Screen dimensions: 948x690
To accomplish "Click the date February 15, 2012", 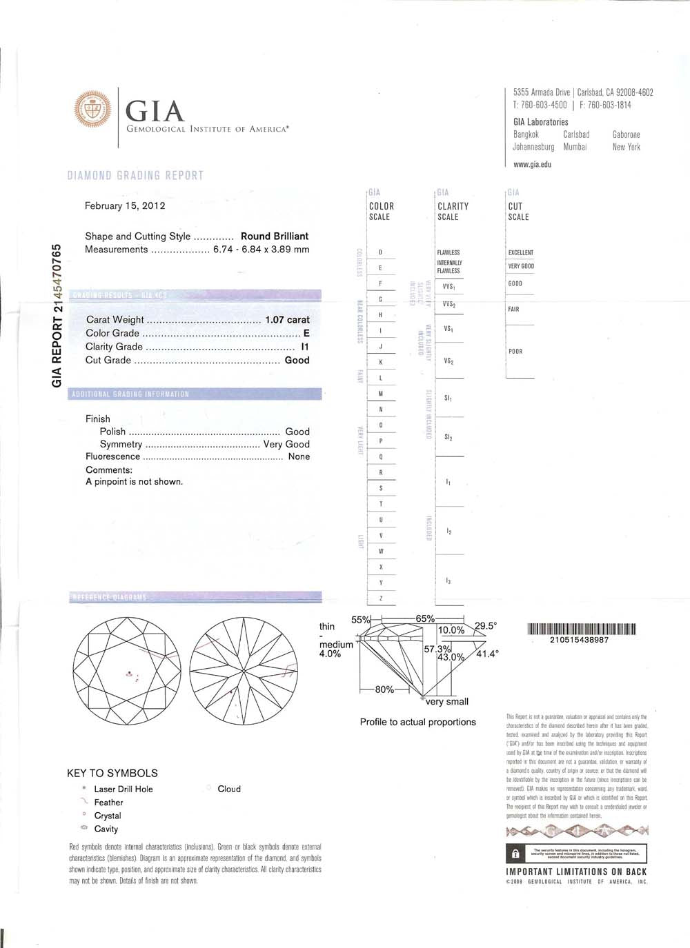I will [x=125, y=205].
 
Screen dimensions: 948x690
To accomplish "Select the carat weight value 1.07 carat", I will [x=287, y=320].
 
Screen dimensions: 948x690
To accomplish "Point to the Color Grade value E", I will [x=306, y=333].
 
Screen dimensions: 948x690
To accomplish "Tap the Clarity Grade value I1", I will [x=305, y=347].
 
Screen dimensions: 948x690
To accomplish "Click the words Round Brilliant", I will [x=274, y=236].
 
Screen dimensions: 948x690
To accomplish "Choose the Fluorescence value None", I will [x=299, y=456].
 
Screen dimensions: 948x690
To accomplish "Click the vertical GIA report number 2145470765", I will [x=58, y=316].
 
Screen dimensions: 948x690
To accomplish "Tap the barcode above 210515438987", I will [x=581, y=628].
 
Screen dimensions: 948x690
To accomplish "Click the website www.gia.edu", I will [x=532, y=165].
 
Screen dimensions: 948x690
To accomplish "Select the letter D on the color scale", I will [x=381, y=252].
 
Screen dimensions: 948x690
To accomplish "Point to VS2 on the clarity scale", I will [x=448, y=361].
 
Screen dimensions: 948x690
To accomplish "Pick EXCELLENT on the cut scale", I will [x=521, y=252].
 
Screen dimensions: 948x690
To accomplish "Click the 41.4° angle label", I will [x=487, y=654].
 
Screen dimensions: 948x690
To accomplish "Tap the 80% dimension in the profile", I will [x=384, y=689].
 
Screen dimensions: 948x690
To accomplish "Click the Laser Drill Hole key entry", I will [x=123, y=789].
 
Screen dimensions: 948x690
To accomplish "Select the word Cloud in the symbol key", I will [x=229, y=789].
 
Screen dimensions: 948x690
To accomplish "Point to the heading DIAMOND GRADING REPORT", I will [x=135, y=175].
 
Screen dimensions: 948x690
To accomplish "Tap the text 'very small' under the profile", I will [x=447, y=702].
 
